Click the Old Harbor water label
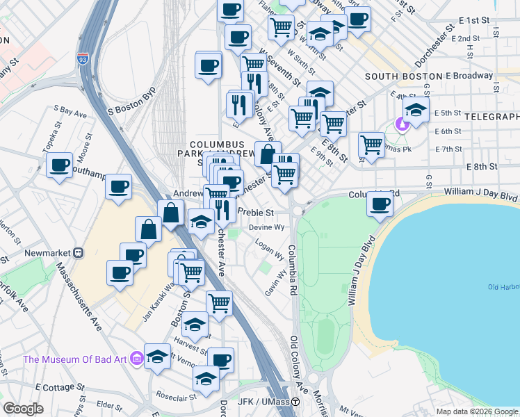click(503, 286)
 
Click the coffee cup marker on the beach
click(380, 204)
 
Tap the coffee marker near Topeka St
click(59, 165)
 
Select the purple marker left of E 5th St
click(401, 124)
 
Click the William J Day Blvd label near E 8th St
click(481, 179)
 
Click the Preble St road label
click(255, 212)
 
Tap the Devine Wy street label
click(268, 227)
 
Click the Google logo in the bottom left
click(22, 409)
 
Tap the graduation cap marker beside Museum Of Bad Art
click(158, 355)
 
